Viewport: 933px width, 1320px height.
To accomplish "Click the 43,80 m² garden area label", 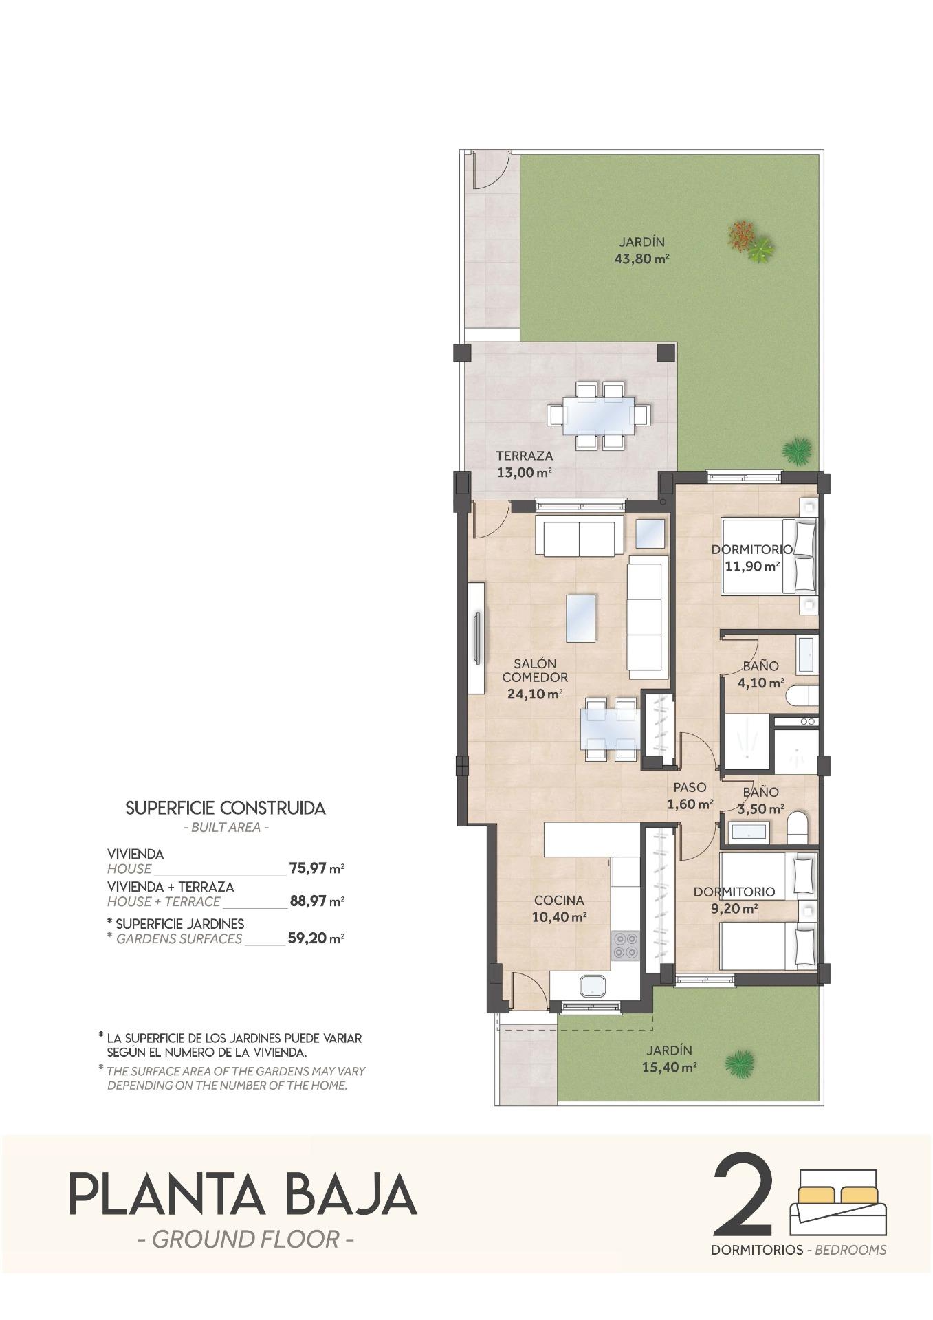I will (641, 259).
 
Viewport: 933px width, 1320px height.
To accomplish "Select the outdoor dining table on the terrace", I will (599, 417).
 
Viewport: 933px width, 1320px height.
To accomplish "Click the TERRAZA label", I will (524, 456).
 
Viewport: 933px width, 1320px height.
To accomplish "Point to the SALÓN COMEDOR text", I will (535, 670).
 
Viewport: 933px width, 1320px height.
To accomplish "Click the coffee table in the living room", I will (581, 617).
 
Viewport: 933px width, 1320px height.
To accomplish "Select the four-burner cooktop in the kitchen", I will (625, 945).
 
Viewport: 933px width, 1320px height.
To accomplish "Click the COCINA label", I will (558, 900).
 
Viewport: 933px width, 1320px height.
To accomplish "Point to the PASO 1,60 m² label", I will (690, 795).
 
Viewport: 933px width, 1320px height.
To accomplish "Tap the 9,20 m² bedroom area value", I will (734, 907).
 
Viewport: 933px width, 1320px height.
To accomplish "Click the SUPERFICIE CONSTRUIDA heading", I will (226, 808).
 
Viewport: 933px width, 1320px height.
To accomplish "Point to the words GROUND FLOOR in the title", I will (245, 1240).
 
